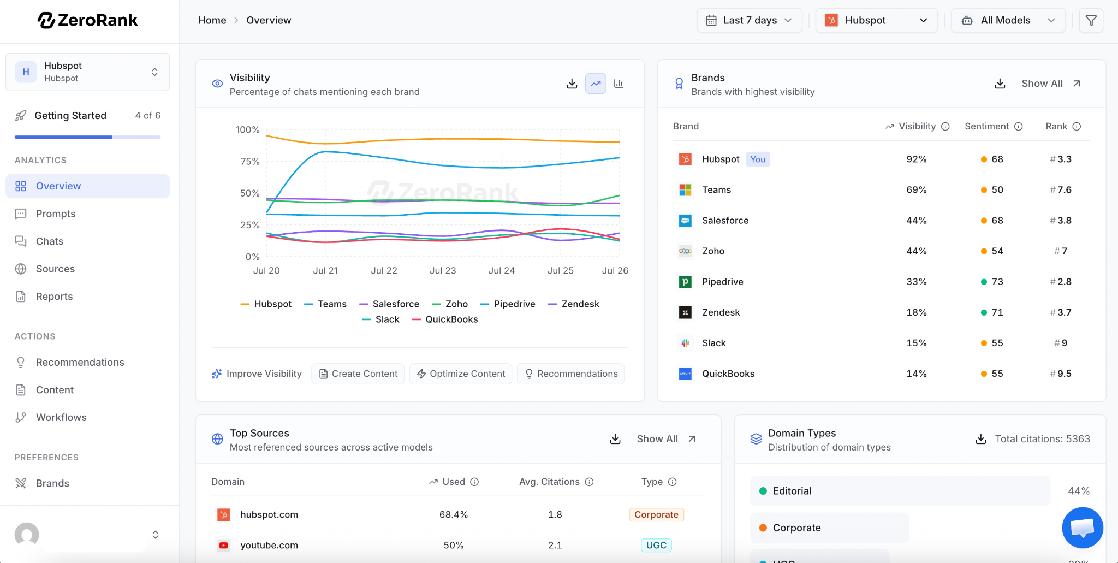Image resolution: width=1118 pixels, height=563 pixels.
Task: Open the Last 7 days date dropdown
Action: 749,20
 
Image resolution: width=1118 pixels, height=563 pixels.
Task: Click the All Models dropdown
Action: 1008,20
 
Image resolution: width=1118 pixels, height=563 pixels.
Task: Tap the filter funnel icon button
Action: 1091,20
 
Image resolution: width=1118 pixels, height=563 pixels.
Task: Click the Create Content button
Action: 358,374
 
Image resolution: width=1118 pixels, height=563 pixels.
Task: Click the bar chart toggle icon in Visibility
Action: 619,84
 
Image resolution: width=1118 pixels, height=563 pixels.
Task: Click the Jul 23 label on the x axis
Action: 443,270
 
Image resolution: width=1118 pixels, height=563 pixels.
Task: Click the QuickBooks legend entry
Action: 445,319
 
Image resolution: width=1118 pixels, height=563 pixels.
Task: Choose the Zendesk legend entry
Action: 574,304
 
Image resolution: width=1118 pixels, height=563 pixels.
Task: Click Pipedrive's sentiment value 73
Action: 997,282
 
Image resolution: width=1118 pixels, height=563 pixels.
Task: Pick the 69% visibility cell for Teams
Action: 917,190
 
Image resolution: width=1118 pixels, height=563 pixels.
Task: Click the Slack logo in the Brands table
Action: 685,343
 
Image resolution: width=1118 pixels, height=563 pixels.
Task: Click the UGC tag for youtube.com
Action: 656,545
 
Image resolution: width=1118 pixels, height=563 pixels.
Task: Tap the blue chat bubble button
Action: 1083,528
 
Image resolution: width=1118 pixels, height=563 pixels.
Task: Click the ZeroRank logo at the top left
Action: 88,20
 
